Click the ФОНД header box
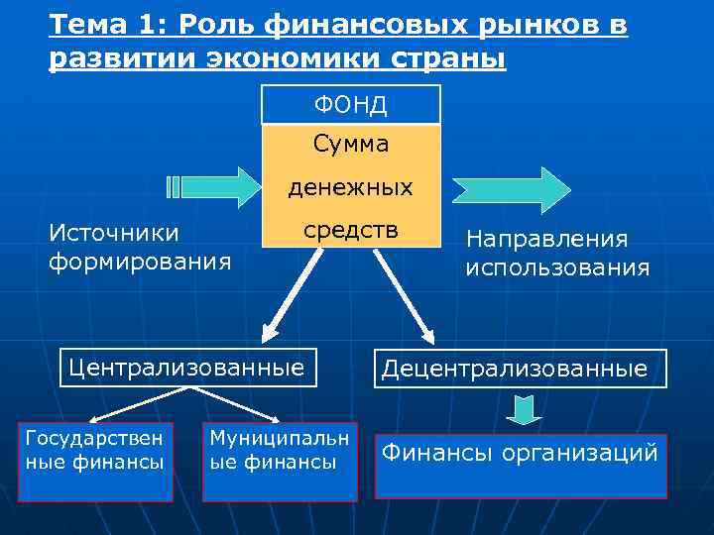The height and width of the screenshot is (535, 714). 350,104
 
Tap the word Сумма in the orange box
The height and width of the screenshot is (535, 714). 350,145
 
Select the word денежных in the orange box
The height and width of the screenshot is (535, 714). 350,186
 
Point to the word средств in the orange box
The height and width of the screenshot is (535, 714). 350,230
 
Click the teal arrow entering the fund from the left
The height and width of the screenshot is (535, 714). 211,186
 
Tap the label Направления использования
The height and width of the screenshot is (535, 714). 557,253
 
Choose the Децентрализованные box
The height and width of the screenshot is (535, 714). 521,370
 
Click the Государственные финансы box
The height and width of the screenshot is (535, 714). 95,462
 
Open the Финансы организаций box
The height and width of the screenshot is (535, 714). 521,465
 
